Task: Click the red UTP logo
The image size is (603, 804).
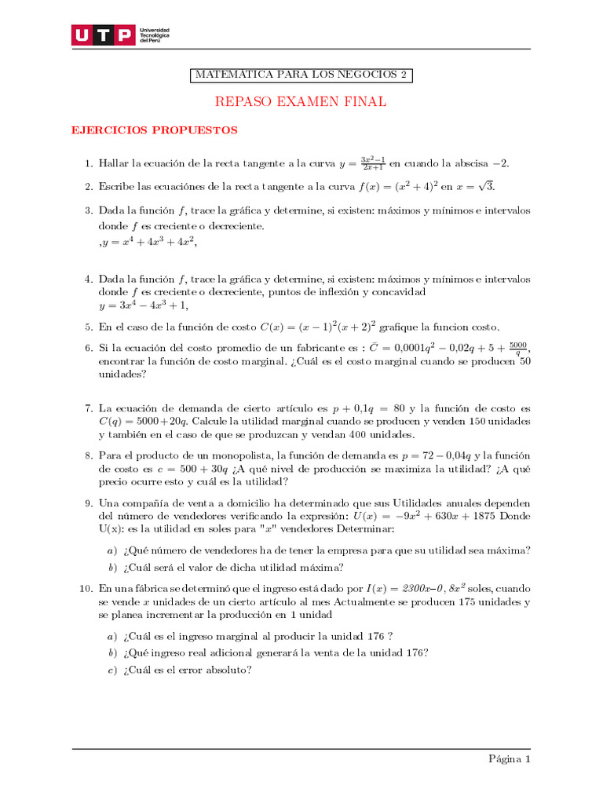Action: (102, 35)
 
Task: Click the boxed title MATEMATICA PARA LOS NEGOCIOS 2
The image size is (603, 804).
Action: (301, 75)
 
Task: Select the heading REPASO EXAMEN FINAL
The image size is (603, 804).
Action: (301, 102)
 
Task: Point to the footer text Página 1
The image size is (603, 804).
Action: (510, 759)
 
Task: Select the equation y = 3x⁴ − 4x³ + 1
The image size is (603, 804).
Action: (143, 305)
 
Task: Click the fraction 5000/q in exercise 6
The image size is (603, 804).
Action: (517, 348)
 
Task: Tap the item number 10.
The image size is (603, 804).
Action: (86, 588)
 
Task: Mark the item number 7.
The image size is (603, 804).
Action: (89, 408)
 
